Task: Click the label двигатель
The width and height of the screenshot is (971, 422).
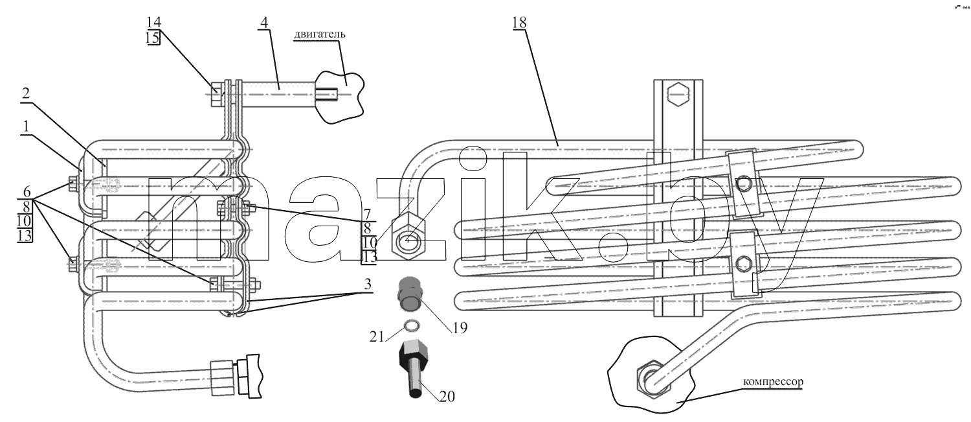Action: point(320,34)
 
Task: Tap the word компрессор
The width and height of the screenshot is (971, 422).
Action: point(773,382)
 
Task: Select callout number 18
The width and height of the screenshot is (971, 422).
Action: point(519,22)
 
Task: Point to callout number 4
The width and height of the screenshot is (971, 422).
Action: point(264,22)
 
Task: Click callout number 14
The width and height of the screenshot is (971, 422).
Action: point(153,22)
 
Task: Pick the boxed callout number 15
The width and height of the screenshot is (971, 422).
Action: point(153,38)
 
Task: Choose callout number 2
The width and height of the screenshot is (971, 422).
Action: point(26,93)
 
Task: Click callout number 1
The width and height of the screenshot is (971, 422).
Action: point(26,127)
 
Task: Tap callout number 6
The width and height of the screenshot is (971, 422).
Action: point(27,191)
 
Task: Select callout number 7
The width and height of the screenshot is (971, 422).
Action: point(367,214)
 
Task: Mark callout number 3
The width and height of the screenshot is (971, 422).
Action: point(368,285)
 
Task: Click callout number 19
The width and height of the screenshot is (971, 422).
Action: point(460,328)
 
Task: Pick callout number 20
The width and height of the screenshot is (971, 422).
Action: point(447,396)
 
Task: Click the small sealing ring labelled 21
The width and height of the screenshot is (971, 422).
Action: point(411,325)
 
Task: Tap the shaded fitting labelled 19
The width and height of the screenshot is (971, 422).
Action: point(410,294)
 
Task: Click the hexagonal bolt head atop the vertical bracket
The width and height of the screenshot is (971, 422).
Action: point(678,95)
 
